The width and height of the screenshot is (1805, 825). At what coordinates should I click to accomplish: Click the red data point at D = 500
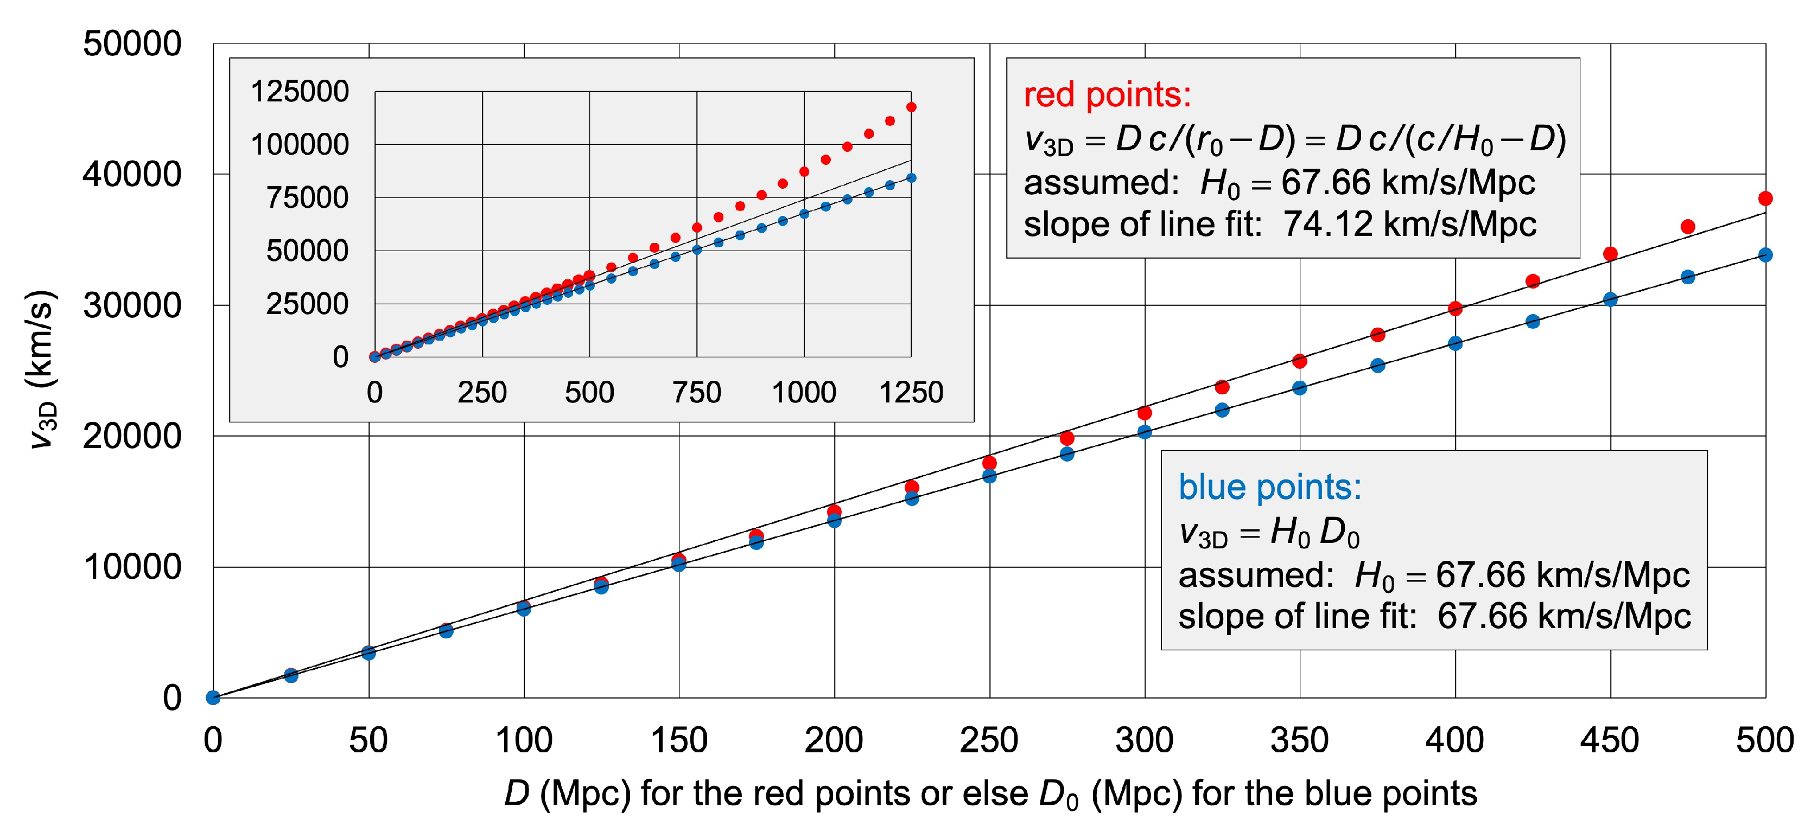(x=1765, y=198)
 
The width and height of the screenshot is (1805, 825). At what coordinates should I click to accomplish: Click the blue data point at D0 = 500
(x=1765, y=255)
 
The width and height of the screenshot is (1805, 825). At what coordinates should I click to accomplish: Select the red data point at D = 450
(x=1610, y=253)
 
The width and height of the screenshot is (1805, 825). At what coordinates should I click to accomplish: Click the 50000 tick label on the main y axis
(x=132, y=43)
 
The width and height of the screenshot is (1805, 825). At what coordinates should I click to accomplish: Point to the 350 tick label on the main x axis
(x=1299, y=740)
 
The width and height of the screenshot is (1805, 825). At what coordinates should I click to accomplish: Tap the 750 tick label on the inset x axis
(x=696, y=392)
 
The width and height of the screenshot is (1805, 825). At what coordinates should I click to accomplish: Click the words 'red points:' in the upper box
(x=1107, y=94)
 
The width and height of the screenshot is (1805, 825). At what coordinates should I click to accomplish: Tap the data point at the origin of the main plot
(x=213, y=698)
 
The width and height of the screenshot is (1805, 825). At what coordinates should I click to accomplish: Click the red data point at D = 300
(x=1144, y=412)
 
